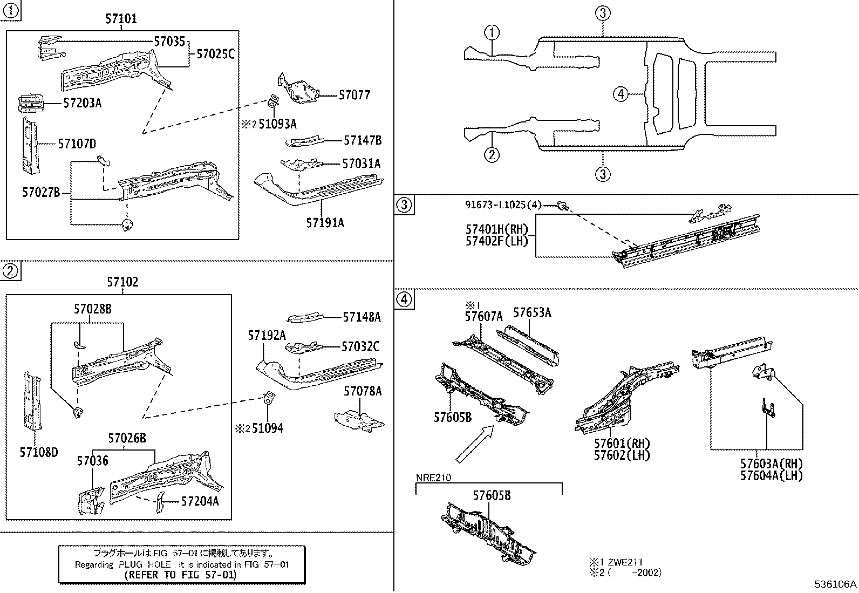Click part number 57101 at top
(x=121, y=19)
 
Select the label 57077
(x=354, y=96)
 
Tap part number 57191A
(x=325, y=222)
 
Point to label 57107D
(x=77, y=144)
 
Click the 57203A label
(x=82, y=103)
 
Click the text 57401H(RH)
(x=497, y=229)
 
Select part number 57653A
(x=532, y=312)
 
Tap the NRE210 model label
(x=433, y=478)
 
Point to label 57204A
(x=200, y=501)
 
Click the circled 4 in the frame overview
(x=621, y=94)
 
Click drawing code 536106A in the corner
(x=835, y=584)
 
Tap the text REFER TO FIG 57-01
(x=181, y=575)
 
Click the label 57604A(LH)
(x=772, y=475)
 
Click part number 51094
(x=268, y=428)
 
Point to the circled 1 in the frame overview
(x=492, y=33)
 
